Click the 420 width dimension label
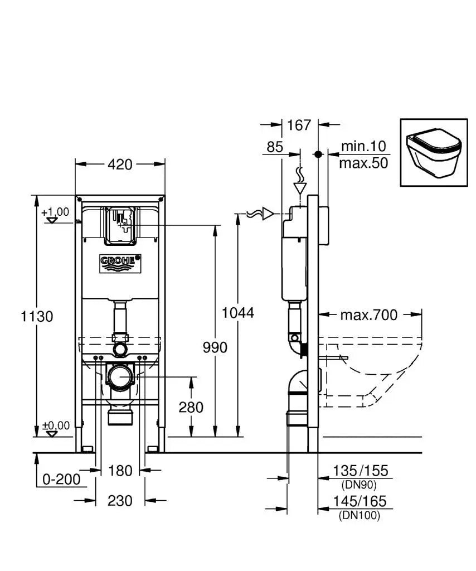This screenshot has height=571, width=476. pyautogui.click(x=120, y=164)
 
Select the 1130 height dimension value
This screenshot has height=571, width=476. pyautogui.click(x=37, y=316)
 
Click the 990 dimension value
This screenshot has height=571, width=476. pyautogui.click(x=214, y=347)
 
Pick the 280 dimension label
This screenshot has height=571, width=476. pyautogui.click(x=191, y=407)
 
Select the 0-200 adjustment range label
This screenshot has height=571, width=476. pyautogui.click(x=61, y=479)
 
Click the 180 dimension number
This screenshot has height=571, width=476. pyautogui.click(x=120, y=471)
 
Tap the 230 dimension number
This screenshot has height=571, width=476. pyautogui.click(x=120, y=501)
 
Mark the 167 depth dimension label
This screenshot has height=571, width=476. pyautogui.click(x=299, y=125)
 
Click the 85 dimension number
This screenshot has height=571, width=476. pyautogui.click(x=275, y=147)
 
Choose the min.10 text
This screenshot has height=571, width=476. pyautogui.click(x=363, y=146)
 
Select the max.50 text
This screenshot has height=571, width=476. pyautogui.click(x=363, y=163)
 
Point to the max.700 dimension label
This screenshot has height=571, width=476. pyautogui.click(x=369, y=315)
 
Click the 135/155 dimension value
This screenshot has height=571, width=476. pyautogui.click(x=360, y=471)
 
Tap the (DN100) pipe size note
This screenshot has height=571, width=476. pyautogui.click(x=360, y=516)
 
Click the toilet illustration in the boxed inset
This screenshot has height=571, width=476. pyautogui.click(x=434, y=152)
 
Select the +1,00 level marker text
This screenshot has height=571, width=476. pyautogui.click(x=56, y=212)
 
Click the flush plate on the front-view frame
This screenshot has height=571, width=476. pyautogui.click(x=120, y=225)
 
